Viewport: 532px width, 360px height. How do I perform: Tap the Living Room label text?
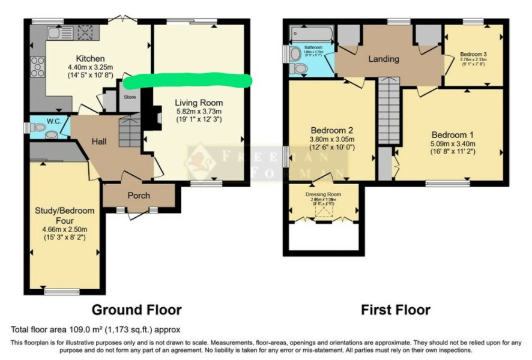198,102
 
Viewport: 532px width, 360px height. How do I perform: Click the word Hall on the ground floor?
99,141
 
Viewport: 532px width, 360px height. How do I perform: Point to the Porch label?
139,196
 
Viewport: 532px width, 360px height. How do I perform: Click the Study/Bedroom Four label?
64,215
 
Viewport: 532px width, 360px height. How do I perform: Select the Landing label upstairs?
383,59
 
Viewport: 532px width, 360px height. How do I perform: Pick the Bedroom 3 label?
473,54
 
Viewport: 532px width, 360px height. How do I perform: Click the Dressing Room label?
323,194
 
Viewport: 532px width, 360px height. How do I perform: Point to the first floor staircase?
388,114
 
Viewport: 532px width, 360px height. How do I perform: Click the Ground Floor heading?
136,310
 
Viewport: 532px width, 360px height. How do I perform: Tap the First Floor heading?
395,310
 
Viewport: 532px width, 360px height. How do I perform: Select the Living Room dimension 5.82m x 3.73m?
198,111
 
